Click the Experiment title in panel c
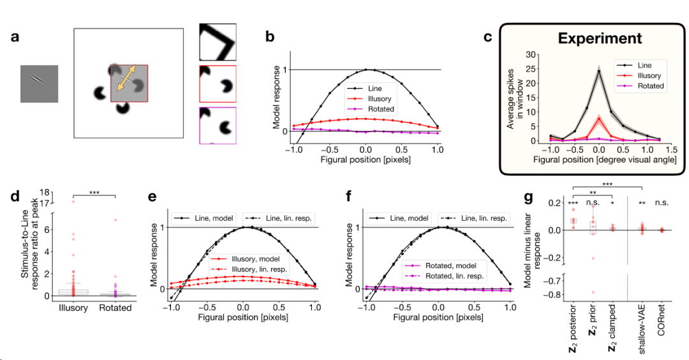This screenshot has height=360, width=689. click(x=600, y=38)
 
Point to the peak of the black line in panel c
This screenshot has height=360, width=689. click(x=599, y=71)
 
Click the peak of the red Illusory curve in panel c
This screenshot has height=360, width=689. click(x=599, y=118)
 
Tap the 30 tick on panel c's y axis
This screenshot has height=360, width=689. click(x=530, y=54)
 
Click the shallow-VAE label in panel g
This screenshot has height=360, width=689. click(x=642, y=327)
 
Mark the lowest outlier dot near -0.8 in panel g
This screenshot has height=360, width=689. click(x=593, y=292)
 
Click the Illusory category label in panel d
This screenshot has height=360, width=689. click(x=73, y=308)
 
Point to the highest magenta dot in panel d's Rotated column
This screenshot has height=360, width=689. click(x=115, y=220)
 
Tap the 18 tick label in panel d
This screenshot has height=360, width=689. click(x=44, y=193)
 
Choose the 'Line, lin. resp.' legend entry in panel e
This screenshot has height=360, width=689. click(x=279, y=218)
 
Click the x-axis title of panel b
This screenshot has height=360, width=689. click(x=366, y=160)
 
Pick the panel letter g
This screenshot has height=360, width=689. click(x=529, y=197)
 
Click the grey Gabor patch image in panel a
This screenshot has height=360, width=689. click(x=39, y=84)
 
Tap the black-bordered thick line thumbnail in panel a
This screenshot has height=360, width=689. click(x=218, y=41)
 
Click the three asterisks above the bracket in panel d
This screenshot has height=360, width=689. click(x=94, y=193)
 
